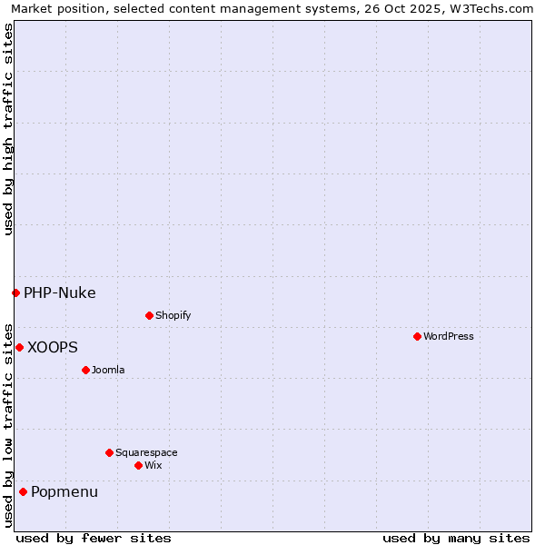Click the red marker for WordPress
(x=417, y=336)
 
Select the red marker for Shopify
(x=149, y=315)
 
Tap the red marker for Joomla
(x=85, y=370)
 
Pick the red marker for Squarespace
(x=109, y=452)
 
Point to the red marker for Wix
(x=138, y=465)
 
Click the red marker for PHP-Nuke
(x=15, y=292)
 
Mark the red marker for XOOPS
(x=19, y=347)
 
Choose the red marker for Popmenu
(x=23, y=491)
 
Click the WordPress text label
(x=449, y=336)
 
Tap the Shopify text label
(x=173, y=315)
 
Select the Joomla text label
(x=108, y=370)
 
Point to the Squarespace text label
(x=146, y=452)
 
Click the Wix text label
(x=153, y=465)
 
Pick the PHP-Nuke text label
(x=60, y=292)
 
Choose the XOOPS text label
(x=53, y=347)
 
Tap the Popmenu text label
(x=64, y=491)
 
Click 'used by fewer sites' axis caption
(x=94, y=538)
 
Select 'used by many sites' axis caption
(x=456, y=538)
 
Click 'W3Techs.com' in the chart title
(x=493, y=8)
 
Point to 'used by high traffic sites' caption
(x=8, y=129)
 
